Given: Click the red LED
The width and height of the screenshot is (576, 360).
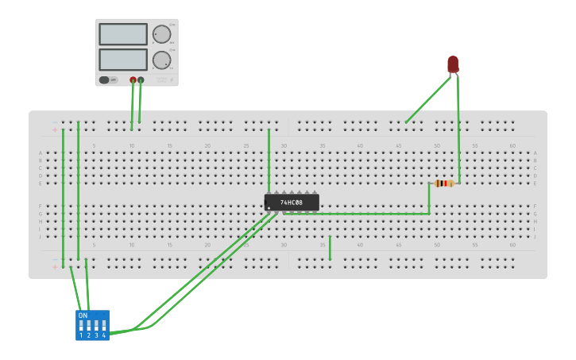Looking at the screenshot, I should [453, 64].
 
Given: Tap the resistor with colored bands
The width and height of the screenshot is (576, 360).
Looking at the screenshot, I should [444, 184].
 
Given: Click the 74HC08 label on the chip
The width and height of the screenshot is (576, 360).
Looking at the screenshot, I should [292, 203].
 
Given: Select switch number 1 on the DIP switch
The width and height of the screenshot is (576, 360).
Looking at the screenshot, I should [81, 326].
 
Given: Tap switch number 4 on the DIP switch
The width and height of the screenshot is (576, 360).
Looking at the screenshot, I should [103, 326].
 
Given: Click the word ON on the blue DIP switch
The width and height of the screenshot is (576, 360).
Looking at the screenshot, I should [83, 315].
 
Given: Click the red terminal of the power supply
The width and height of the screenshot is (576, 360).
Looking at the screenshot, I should [133, 79].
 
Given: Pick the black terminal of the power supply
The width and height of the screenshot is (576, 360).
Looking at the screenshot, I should [141, 79].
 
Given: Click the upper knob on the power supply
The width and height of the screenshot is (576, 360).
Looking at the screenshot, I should [161, 34].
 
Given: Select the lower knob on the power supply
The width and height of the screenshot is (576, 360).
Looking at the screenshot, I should [161, 60].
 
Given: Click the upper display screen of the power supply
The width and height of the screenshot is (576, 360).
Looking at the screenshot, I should [123, 34].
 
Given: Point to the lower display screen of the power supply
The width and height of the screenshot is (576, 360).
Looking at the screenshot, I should [123, 60].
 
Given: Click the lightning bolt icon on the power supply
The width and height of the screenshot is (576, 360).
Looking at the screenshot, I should [172, 79].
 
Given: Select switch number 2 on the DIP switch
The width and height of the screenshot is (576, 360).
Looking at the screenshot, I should [88, 326].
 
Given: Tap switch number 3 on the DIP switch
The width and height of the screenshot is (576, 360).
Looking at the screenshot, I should [96, 326].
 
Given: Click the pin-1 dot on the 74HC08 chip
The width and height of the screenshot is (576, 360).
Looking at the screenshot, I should [269, 208].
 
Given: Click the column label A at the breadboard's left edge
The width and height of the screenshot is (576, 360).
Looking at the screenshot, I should [41, 153].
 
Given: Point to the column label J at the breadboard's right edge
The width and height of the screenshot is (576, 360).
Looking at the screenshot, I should [535, 237].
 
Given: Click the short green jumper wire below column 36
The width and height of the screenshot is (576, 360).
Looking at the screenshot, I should [330, 248].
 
